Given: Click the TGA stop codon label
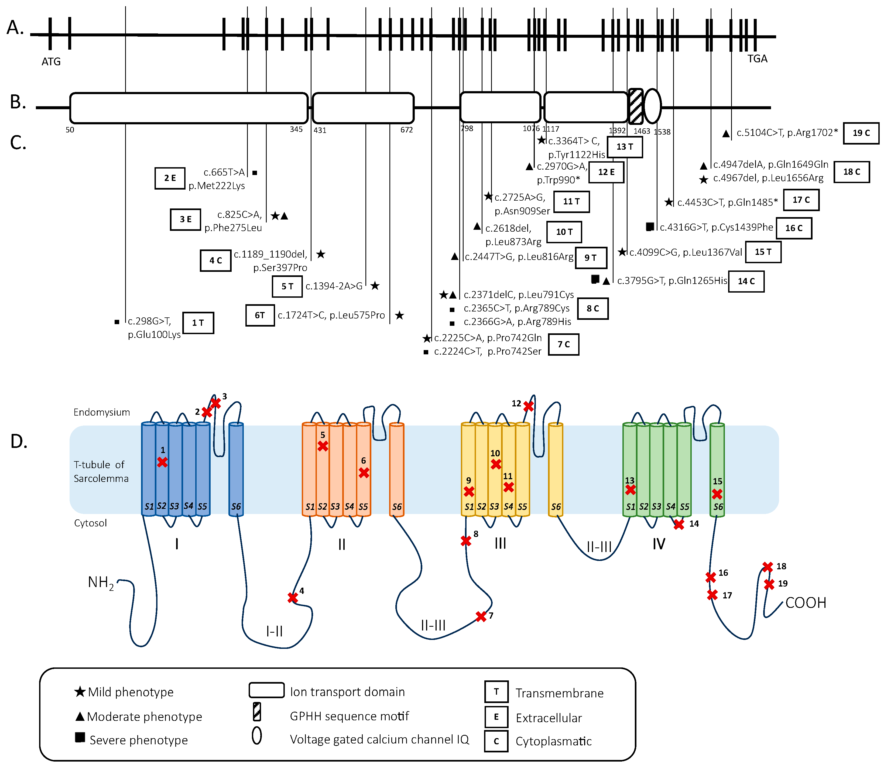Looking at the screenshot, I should point(757,59).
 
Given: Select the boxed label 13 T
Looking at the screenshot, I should point(625,147).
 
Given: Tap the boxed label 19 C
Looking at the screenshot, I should point(861,133).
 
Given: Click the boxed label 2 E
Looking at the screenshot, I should point(170,178).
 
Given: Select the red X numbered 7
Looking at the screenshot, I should point(481,616).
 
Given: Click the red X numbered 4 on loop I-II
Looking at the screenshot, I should point(293,598).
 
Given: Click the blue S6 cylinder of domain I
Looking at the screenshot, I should point(236,469).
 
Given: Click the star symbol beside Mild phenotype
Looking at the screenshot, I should point(80,692).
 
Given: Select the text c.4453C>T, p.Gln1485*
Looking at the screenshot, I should point(727,202).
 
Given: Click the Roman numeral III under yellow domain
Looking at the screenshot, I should point(500,543).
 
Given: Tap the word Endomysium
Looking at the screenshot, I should point(101,412).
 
